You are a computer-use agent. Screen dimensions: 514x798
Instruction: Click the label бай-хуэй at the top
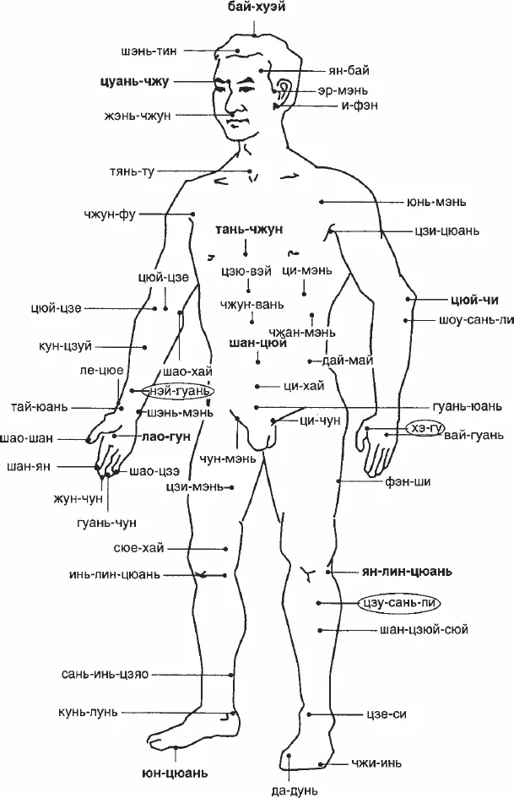[256, 7]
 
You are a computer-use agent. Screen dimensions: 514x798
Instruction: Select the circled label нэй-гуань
[177, 391]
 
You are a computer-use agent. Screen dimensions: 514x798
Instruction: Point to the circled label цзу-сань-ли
[399, 603]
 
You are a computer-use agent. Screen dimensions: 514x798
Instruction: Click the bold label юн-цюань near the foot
[174, 773]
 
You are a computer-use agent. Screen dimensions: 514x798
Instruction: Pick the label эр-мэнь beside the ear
[343, 91]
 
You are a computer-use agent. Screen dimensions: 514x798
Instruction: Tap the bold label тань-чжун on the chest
[249, 230]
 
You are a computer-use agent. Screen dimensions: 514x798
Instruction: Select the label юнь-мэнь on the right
[436, 202]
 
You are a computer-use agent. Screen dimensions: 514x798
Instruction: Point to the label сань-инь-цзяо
[106, 675]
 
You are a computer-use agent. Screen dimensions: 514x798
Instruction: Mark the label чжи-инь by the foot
[376, 763]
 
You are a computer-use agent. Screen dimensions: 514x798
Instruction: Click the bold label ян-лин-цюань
[407, 572]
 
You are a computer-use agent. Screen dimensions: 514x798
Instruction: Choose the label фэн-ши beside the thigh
[408, 481]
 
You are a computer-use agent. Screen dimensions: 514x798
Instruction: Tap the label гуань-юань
[467, 407]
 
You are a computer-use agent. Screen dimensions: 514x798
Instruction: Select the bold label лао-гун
[166, 437]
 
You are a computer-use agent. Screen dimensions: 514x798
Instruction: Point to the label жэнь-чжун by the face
[138, 116]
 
